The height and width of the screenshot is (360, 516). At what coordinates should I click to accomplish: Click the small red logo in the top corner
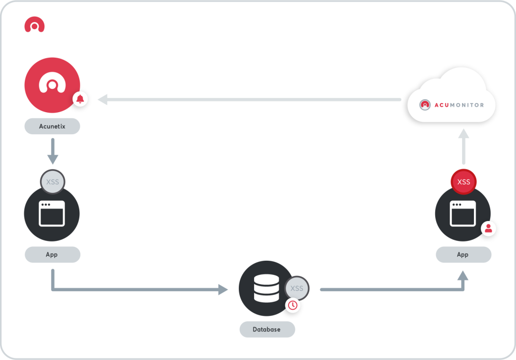pos(34,25)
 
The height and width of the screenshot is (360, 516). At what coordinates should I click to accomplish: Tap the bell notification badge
pos(80,99)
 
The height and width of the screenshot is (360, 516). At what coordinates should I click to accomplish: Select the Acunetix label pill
pos(53,126)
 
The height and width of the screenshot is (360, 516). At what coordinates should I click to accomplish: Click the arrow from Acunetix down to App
pos(53,151)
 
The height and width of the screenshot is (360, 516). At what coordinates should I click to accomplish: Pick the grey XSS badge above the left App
pos(53,182)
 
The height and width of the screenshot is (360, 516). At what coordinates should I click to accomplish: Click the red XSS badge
pos(463,182)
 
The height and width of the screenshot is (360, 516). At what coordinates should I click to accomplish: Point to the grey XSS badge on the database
pos(297,288)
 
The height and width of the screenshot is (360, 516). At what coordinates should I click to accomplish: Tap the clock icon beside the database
pos(292,306)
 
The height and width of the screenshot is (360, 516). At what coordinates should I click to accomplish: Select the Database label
pos(267,329)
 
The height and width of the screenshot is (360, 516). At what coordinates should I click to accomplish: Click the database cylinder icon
pos(267,288)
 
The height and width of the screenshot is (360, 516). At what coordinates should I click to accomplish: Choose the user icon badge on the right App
pos(488,229)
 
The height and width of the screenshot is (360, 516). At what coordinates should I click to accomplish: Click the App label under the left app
pos(53,254)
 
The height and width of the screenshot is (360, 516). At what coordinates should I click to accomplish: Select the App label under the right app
pos(463,254)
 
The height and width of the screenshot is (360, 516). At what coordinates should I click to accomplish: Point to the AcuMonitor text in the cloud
pos(460,105)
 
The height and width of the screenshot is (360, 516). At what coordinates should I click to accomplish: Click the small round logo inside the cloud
pos(425,105)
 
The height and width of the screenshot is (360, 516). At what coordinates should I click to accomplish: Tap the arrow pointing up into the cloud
pos(463,146)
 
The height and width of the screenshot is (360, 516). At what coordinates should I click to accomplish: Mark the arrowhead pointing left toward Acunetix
pos(103,99)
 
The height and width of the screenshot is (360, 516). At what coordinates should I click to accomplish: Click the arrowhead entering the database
pos(223,290)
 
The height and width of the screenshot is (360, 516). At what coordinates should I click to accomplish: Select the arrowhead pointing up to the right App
pos(463,275)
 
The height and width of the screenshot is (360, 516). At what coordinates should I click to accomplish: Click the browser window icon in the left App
pos(52,214)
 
